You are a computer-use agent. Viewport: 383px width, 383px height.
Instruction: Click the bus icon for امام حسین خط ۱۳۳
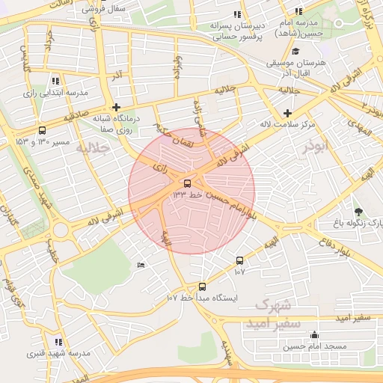tap(187, 183)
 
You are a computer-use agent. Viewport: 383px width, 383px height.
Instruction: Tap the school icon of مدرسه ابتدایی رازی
tap(55, 81)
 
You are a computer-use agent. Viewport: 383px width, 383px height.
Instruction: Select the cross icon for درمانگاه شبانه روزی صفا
tap(116, 107)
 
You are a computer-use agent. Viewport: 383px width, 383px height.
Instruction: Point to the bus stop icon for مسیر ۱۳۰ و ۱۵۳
tap(41, 129)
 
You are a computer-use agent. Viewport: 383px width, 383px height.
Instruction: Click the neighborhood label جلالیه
tap(93, 148)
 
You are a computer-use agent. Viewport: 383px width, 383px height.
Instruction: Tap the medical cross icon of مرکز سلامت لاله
tap(287, 112)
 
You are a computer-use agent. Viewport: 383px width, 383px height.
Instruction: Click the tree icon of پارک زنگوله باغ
tap(358, 212)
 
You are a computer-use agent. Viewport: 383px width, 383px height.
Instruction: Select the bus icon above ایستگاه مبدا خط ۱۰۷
tap(202, 287)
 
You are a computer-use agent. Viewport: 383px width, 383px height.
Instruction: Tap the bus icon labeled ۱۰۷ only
tap(239, 260)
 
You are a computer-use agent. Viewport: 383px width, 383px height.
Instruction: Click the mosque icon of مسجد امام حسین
tap(314, 335)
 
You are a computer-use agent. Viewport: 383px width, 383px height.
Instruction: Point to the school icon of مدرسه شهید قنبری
tap(58, 342)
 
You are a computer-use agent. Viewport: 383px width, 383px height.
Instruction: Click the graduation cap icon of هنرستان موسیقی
tap(296, 52)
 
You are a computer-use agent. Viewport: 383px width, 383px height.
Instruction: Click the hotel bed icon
tap(141, 265)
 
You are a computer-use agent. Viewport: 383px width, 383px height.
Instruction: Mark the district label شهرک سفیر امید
tap(278, 314)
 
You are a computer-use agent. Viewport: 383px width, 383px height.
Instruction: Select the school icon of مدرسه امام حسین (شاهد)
tap(299, 12)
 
